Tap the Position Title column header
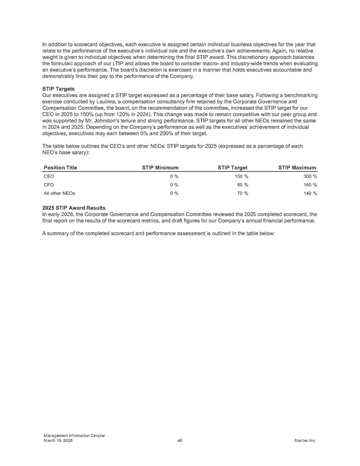(x=61, y=168)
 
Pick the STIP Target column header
(x=233, y=168)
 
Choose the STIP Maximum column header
(x=297, y=168)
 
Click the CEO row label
(x=49, y=176)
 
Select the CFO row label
(x=49, y=185)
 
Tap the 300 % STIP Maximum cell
(x=310, y=176)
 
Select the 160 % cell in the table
(x=310, y=185)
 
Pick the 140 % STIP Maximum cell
(x=310, y=194)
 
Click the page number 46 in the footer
(x=180, y=441)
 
